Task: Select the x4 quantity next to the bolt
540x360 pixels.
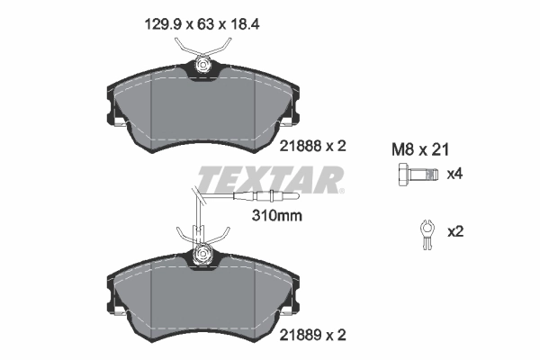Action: tap(454, 174)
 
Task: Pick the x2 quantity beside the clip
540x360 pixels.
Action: tap(454, 232)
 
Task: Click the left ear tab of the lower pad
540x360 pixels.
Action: tap(115, 302)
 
